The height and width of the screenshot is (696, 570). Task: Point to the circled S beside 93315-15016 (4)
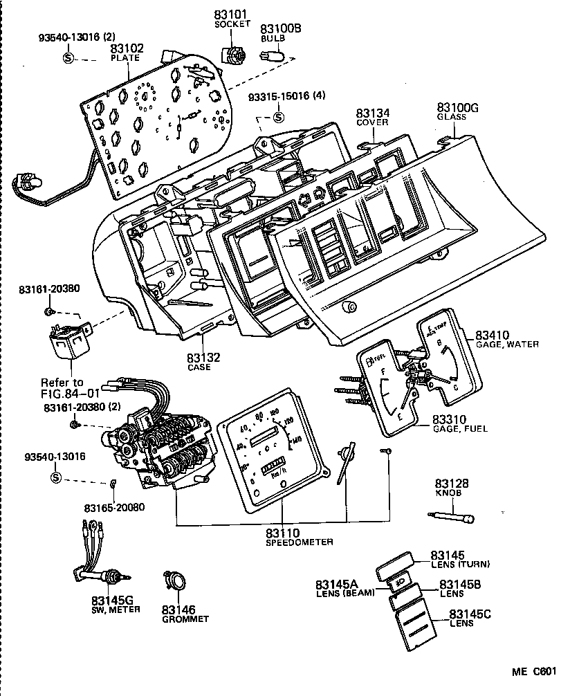(278, 116)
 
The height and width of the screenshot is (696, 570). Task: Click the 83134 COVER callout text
(372, 116)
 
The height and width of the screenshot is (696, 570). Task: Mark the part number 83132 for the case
(203, 361)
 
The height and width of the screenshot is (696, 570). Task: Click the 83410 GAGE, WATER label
(506, 339)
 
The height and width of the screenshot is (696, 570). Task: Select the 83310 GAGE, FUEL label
(459, 423)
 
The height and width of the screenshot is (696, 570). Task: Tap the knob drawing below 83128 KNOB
(454, 516)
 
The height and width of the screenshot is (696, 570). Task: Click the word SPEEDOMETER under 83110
(300, 542)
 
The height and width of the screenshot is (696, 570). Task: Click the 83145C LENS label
(470, 619)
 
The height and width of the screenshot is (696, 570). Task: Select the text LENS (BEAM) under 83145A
(344, 593)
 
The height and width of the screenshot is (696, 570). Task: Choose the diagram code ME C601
(533, 671)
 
